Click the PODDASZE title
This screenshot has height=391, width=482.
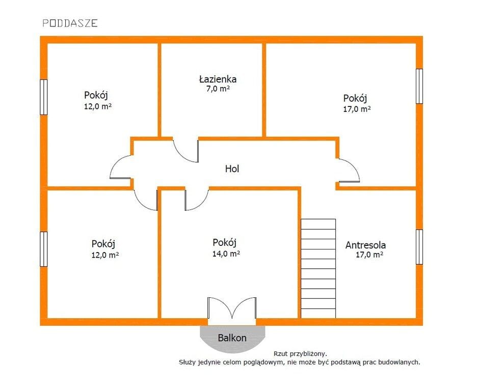(x=70, y=23)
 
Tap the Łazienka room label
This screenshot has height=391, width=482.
(x=218, y=79)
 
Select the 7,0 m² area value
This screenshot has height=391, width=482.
(x=218, y=89)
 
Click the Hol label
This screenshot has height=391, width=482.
(x=232, y=169)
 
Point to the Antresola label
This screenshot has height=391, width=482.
(x=365, y=245)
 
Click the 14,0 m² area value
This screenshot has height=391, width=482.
(x=226, y=254)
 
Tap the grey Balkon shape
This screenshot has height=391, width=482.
(x=232, y=339)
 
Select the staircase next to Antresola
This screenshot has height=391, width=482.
(x=318, y=268)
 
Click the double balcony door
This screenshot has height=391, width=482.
(x=232, y=308)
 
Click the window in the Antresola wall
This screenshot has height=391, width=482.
(x=419, y=247)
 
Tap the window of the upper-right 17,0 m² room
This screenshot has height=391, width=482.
(x=419, y=87)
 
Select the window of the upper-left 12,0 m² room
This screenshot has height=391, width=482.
(x=44, y=97)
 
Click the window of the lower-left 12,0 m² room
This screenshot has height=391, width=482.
(x=44, y=249)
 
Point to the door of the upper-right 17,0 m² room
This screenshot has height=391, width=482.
(x=349, y=171)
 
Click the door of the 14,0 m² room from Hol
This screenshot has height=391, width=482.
(x=197, y=200)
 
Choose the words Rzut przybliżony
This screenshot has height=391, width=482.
(x=300, y=354)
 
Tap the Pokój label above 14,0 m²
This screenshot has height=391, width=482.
(x=225, y=243)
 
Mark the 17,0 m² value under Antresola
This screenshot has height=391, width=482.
(x=369, y=255)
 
